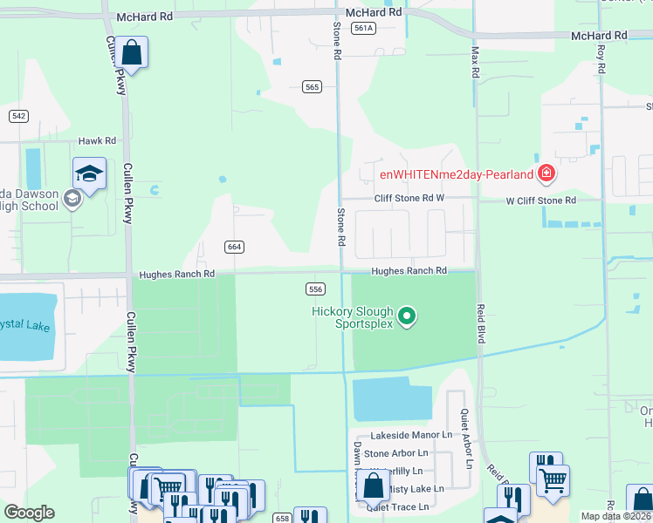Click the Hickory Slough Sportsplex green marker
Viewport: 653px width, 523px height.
click(x=406, y=316)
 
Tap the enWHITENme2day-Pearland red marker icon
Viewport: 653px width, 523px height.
click(x=546, y=173)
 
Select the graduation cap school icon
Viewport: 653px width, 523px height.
click(x=89, y=174)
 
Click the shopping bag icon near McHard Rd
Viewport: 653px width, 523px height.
click(x=132, y=53)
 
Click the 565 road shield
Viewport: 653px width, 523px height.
click(x=313, y=86)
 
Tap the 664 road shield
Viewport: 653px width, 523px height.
click(x=233, y=247)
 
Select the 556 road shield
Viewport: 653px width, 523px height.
click(x=316, y=289)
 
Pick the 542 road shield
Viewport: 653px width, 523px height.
click(x=19, y=116)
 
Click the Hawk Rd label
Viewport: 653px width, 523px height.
click(x=97, y=140)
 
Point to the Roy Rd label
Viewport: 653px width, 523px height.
click(x=601, y=65)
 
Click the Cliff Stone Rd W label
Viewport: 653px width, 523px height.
click(x=409, y=199)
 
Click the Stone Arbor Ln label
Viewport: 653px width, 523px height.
click(x=396, y=453)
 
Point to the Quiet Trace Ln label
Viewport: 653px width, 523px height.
click(x=397, y=506)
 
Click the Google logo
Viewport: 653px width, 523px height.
click(x=29, y=513)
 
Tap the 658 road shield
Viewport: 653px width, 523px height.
click(x=281, y=518)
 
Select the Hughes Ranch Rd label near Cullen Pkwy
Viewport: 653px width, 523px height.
click(x=176, y=274)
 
